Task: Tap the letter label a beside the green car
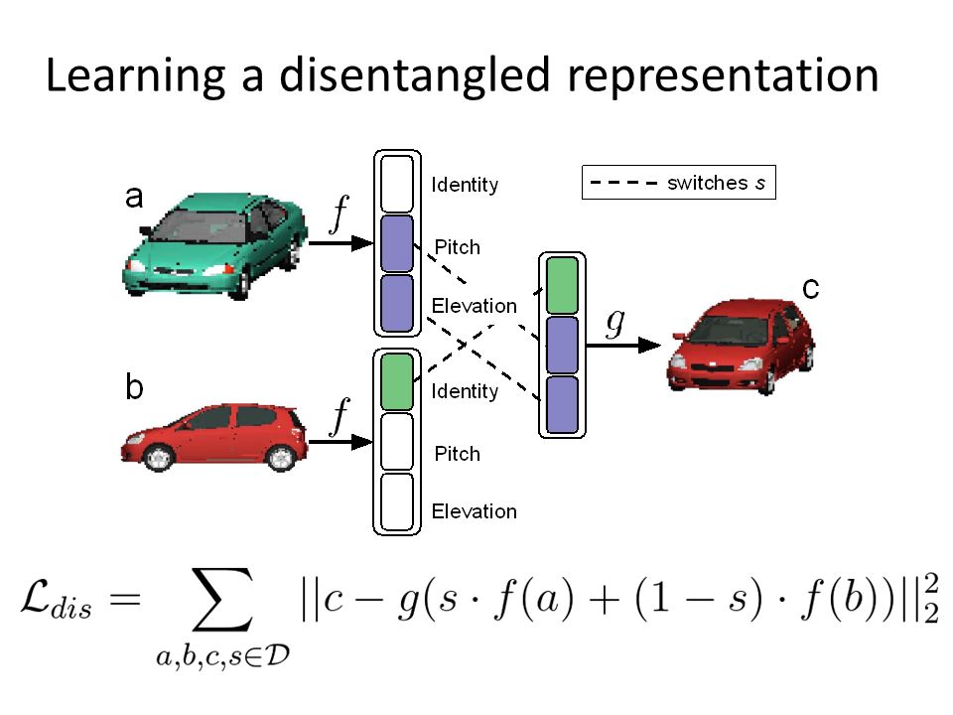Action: coord(134,198)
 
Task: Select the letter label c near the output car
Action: coord(810,289)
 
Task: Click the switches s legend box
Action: coord(678,182)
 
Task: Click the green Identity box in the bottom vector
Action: coord(396,381)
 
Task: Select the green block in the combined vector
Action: coord(562,285)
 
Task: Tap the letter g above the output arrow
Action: coord(614,322)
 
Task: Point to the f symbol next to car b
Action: coord(340,422)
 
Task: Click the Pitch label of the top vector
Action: coord(457,247)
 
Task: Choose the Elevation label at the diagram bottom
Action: coord(474,511)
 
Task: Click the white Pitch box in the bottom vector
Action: coord(396,441)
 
